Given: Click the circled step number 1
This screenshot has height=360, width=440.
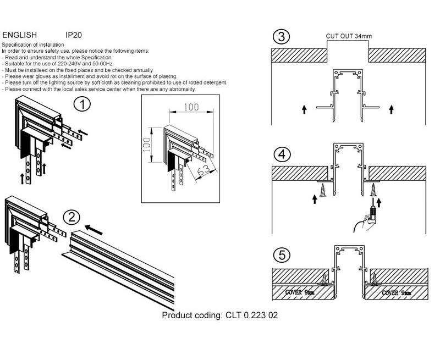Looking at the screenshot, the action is [82, 104].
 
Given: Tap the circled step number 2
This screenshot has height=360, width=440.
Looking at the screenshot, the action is [71, 217].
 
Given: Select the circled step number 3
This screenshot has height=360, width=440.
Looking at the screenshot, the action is [281, 37].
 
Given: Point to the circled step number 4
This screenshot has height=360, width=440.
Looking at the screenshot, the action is [282, 154].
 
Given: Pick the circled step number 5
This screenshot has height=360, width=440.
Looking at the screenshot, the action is [282, 255].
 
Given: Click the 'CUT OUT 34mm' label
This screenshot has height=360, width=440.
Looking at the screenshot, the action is [349, 36].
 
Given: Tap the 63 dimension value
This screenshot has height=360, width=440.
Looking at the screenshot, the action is [202, 170].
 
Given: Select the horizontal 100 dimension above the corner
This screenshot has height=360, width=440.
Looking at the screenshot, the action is [191, 107].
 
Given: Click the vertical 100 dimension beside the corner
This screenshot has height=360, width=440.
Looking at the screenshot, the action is [147, 145].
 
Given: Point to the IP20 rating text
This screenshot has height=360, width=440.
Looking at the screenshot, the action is [74, 35].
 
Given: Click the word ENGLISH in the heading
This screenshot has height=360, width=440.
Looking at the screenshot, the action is [20, 35].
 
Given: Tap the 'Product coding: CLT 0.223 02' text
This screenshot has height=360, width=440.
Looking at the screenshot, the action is [220, 315].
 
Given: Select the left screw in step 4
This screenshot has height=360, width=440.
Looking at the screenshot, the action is [323, 190].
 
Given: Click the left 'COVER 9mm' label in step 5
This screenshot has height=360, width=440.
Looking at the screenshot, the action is [300, 292].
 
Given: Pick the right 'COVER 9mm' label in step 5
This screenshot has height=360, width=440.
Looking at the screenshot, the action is [397, 293].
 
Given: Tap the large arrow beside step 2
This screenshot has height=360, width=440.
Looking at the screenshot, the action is [94, 230].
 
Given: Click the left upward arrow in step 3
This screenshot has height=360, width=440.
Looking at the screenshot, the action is [304, 109].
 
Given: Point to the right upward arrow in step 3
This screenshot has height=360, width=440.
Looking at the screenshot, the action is [391, 109].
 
